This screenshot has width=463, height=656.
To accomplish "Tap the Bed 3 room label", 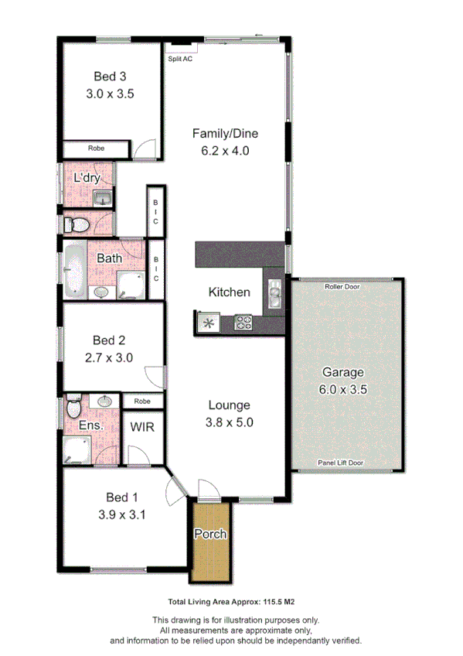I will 110,76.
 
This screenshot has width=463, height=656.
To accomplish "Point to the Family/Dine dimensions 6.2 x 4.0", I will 225,152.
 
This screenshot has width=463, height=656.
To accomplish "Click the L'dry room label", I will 87,179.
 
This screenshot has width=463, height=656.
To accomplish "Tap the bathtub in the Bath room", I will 74,271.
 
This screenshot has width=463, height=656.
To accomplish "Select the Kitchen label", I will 230,292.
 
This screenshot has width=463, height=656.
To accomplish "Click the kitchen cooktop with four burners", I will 244,323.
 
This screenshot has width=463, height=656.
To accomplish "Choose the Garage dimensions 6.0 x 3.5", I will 342,391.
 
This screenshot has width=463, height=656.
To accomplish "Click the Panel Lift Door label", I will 341,463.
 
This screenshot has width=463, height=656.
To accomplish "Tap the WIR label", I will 141,427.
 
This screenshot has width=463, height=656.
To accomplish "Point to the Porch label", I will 209,534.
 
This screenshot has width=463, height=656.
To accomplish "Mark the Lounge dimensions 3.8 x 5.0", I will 230,422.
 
